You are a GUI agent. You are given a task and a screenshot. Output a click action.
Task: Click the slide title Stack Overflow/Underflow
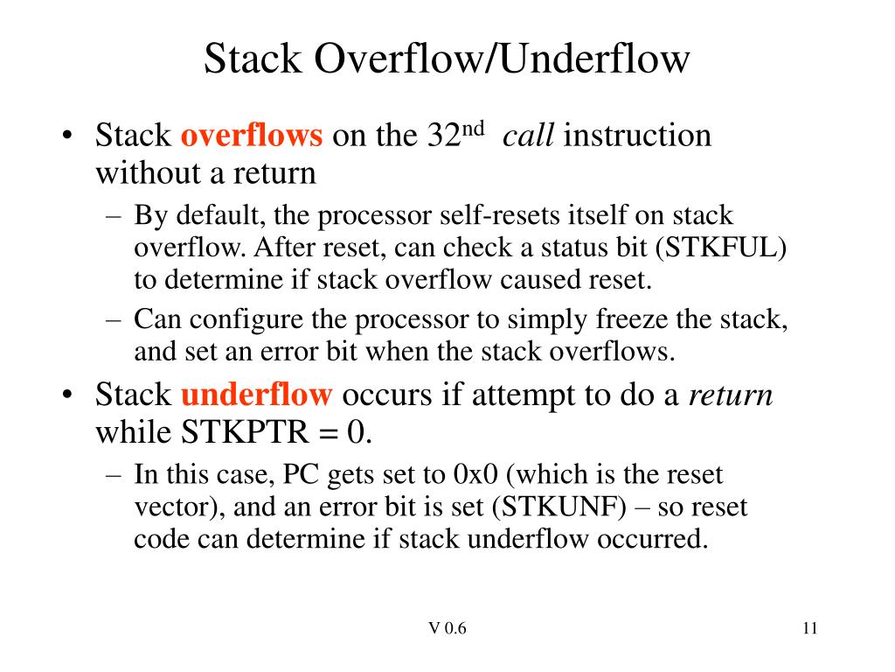coord(447,59)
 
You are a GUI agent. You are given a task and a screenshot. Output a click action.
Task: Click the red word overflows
coord(252,136)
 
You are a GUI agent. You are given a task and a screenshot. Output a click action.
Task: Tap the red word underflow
coord(256,395)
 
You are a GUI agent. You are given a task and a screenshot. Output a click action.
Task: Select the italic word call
coord(529,136)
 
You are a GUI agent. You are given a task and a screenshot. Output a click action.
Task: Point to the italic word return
coord(731,395)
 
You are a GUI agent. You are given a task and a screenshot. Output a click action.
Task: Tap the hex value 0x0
coord(475,475)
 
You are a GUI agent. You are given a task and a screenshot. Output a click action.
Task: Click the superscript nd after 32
coord(473,129)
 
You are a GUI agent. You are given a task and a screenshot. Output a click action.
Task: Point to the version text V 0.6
coord(447,628)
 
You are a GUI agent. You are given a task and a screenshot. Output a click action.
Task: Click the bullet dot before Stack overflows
coord(67,136)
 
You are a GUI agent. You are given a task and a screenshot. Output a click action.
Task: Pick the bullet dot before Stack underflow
coord(67,396)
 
